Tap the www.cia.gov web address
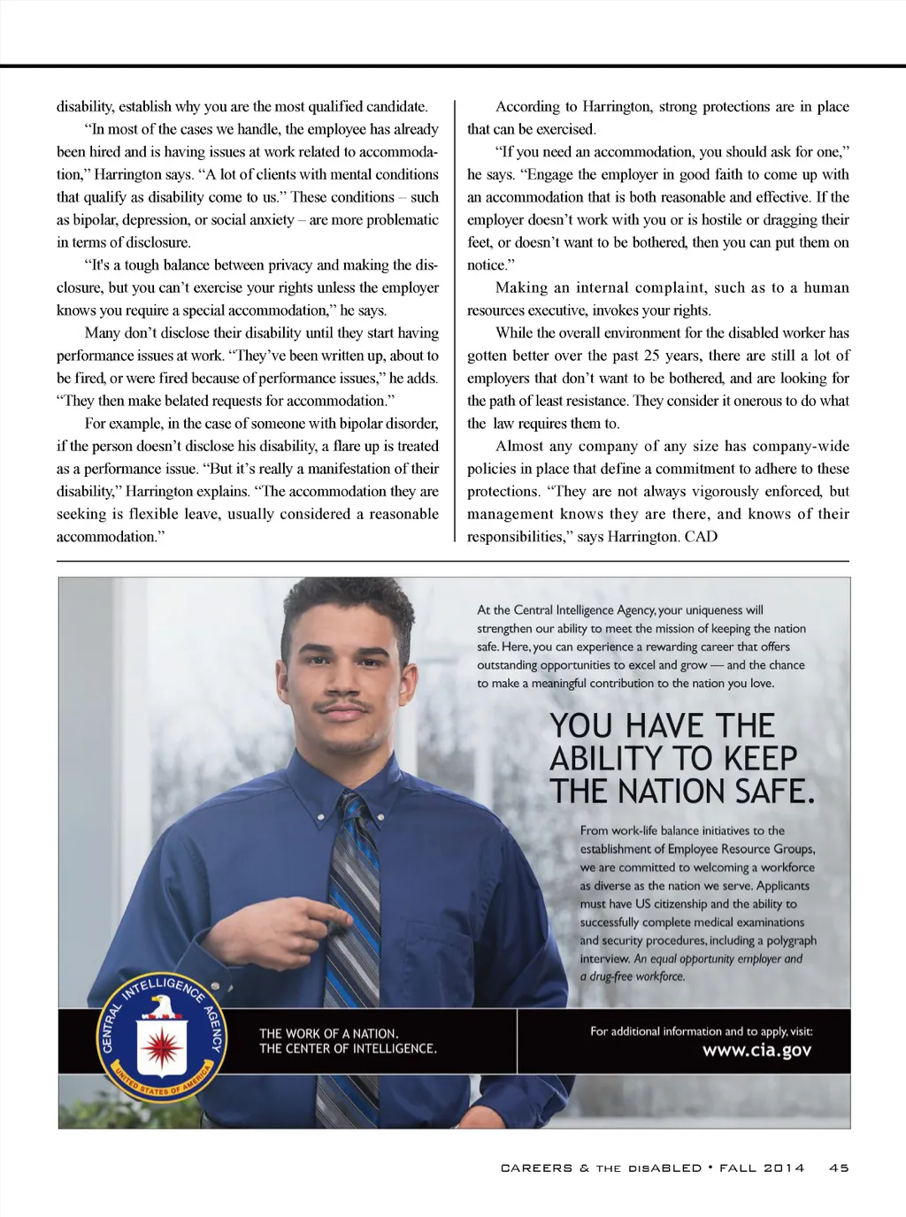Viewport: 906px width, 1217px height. (x=756, y=1051)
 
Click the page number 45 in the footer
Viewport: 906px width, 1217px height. (x=839, y=1168)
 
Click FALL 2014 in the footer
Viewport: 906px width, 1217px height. (x=762, y=1168)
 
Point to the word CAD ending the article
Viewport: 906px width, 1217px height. (x=701, y=537)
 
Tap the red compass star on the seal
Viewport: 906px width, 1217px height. (x=162, y=1045)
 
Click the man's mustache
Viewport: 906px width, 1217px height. (x=345, y=706)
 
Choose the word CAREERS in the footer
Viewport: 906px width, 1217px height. (x=536, y=1168)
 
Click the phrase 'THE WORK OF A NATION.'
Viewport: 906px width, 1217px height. (x=328, y=1033)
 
